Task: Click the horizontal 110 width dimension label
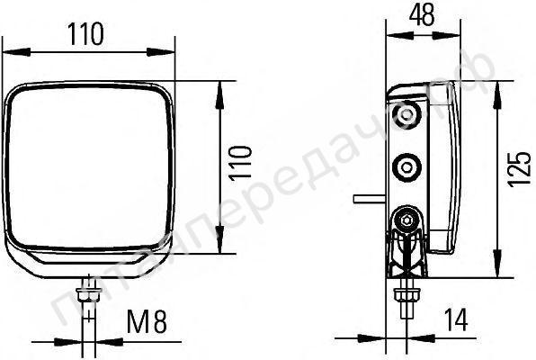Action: pos(85,34)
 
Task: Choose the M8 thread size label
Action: pos(147,320)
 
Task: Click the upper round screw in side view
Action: pos(408,114)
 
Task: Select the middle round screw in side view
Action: pos(407,166)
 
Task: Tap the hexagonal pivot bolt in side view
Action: pos(406,218)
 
